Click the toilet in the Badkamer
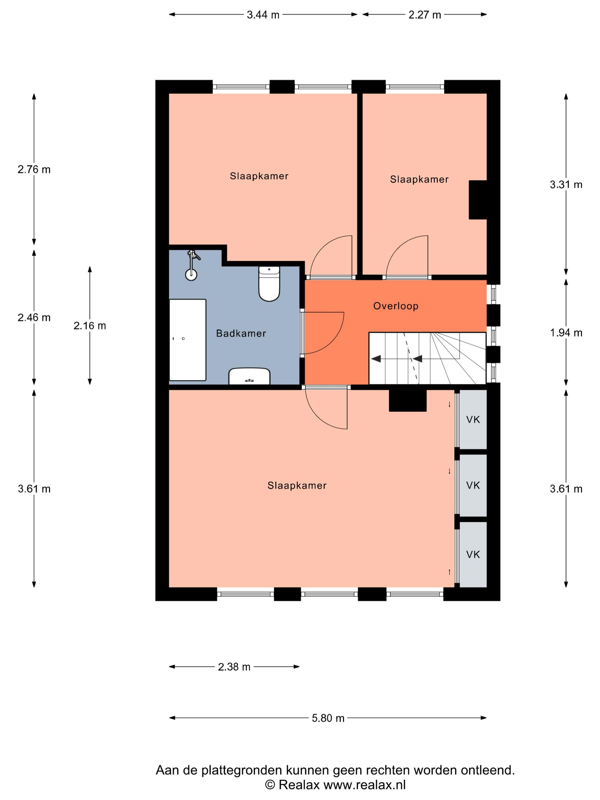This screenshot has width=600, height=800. pos(269,283)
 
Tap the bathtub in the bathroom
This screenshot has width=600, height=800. pos(187,340)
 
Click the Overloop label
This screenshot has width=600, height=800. pos(396,306)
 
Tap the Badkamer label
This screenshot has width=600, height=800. pos(241,333)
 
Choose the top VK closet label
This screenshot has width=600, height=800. pos(473,419)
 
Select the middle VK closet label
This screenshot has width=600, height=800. pos(473,485)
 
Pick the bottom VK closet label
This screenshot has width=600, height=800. pos(473,555)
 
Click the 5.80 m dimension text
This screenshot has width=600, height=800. pos(328,718)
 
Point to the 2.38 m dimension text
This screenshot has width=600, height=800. pos(234,667)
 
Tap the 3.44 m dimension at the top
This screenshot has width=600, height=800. pos(263,15)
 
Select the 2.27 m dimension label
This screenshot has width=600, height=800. pos(425,15)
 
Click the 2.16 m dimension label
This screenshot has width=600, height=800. pos(90,326)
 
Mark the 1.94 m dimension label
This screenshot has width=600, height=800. pos(566,333)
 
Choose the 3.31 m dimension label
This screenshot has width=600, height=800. pos(566,185)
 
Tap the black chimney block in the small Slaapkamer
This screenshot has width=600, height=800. pos(478,200)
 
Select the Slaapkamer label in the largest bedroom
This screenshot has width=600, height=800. pos(297,485)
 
